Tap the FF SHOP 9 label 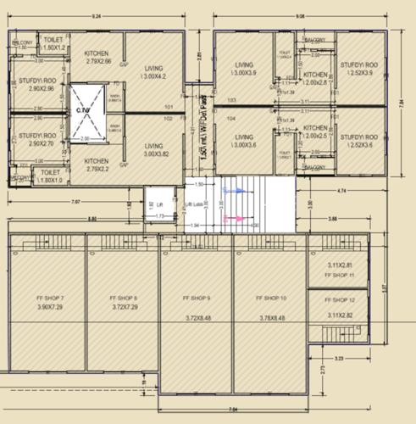197,299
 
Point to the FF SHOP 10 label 271,299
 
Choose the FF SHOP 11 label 339,276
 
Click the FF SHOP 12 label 339,301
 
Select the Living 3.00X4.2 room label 153,74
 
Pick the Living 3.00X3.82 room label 153,150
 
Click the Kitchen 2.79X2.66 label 97,58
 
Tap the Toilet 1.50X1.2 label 54,44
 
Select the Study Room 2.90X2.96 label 36,83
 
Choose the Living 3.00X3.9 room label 244,67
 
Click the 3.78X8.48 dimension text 271,318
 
